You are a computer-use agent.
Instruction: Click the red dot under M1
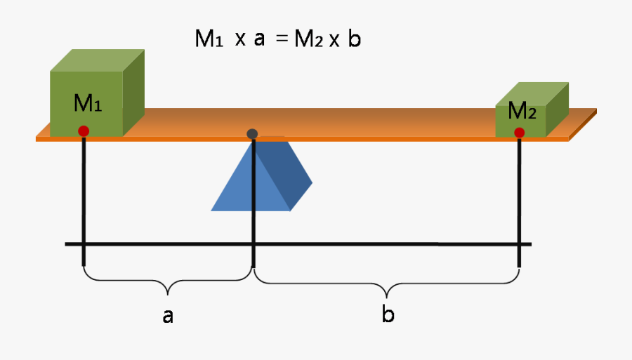pos(84,131)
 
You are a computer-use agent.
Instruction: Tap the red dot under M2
pos(519,133)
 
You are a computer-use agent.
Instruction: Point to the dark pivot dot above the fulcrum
pos(253,133)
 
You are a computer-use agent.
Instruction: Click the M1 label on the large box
pos(88,105)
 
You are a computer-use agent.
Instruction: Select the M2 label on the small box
pos(522,111)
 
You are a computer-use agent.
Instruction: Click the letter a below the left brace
pos(168,316)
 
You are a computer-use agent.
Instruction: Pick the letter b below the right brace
pos(388,315)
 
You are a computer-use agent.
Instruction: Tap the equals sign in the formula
pos(282,40)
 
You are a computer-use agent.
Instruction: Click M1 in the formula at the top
pos(209,39)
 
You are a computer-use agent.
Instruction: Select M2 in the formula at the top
pos(308,39)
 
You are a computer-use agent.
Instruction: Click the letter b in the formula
pos(354,39)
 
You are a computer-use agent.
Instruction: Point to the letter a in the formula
pos(259,40)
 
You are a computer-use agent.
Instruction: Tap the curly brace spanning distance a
pos(168,284)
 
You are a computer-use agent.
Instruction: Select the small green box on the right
pos(530,112)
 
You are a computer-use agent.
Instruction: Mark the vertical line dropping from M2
pos(519,204)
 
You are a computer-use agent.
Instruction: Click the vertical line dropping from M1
pos(84,204)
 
